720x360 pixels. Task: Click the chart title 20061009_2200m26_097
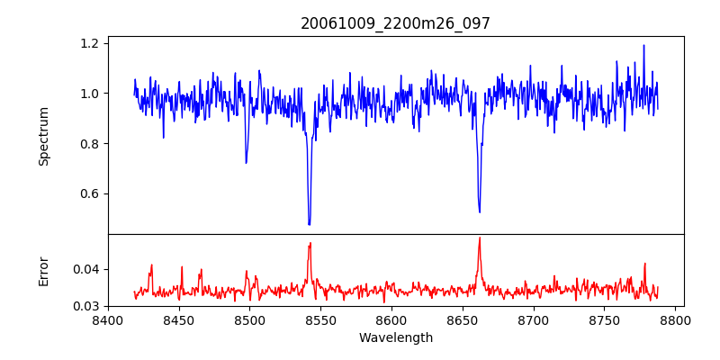395,23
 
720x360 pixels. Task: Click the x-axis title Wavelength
395,338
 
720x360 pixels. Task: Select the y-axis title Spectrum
44,135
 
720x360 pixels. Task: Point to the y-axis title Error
44,270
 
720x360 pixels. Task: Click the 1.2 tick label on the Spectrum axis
91,42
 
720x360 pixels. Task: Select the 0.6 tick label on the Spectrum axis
91,193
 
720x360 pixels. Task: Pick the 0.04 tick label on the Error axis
87,269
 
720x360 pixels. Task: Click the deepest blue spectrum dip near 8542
309,223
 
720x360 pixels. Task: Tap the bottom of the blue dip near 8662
480,211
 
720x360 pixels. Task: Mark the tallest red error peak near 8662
480,238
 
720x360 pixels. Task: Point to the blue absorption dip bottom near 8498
246,162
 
